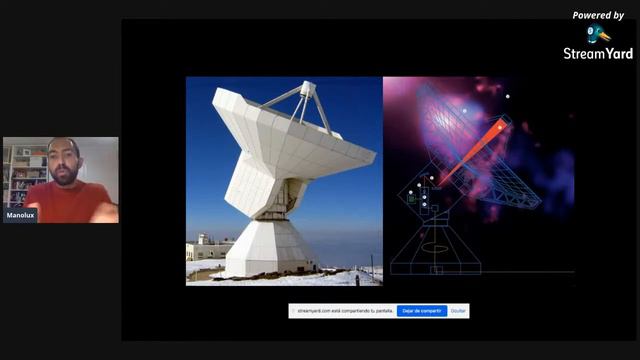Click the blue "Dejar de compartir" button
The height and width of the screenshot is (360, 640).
[x=422, y=311]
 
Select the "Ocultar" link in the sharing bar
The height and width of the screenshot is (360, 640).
[x=458, y=311]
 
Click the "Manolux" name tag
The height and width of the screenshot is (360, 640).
[x=20, y=215]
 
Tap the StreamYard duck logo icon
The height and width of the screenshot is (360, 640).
[x=598, y=34]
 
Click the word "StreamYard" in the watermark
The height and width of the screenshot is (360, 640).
[x=598, y=54]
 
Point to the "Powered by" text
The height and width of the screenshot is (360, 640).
[x=598, y=15]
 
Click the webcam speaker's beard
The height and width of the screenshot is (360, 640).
[x=62, y=177]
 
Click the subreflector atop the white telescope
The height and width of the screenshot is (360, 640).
[x=307, y=89]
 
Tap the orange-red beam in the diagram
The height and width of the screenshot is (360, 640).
[x=470, y=155]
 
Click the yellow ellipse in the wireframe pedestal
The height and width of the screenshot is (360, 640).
[x=435, y=247]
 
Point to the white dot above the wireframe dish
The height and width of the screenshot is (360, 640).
[x=508, y=97]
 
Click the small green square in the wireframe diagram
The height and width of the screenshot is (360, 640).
[x=411, y=199]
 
